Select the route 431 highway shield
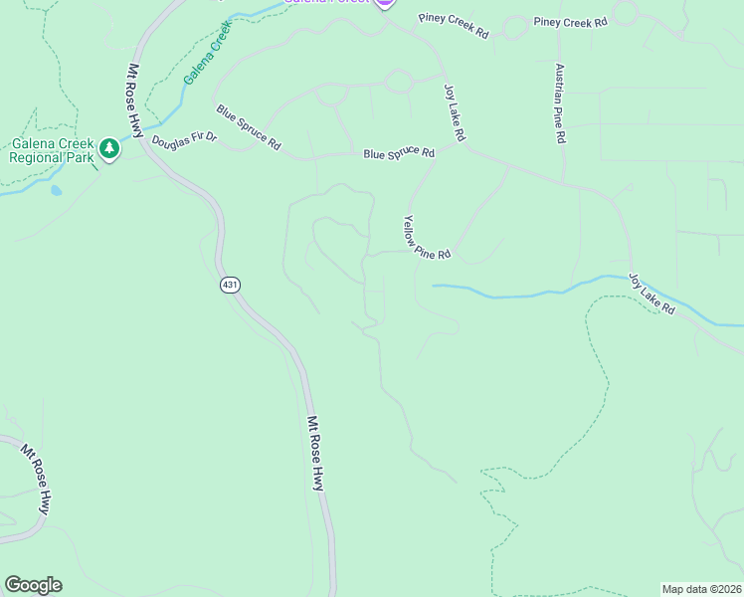point(230,286)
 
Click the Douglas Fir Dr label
point(184,139)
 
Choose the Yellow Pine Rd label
point(428,238)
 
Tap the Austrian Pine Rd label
point(560,103)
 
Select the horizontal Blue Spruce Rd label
point(399,154)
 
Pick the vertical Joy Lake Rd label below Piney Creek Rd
point(455,111)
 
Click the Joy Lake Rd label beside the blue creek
point(651,295)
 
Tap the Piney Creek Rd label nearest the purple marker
point(454,25)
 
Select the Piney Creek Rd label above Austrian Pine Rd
point(570,21)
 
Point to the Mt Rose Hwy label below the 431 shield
point(315,453)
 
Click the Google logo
point(33,585)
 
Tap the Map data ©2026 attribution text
point(702,589)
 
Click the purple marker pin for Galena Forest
point(385,3)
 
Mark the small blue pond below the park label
point(56,190)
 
